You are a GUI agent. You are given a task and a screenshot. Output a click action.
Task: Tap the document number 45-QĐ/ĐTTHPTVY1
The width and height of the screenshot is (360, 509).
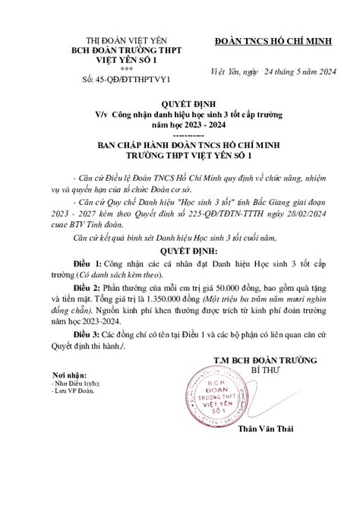click(127, 78)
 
